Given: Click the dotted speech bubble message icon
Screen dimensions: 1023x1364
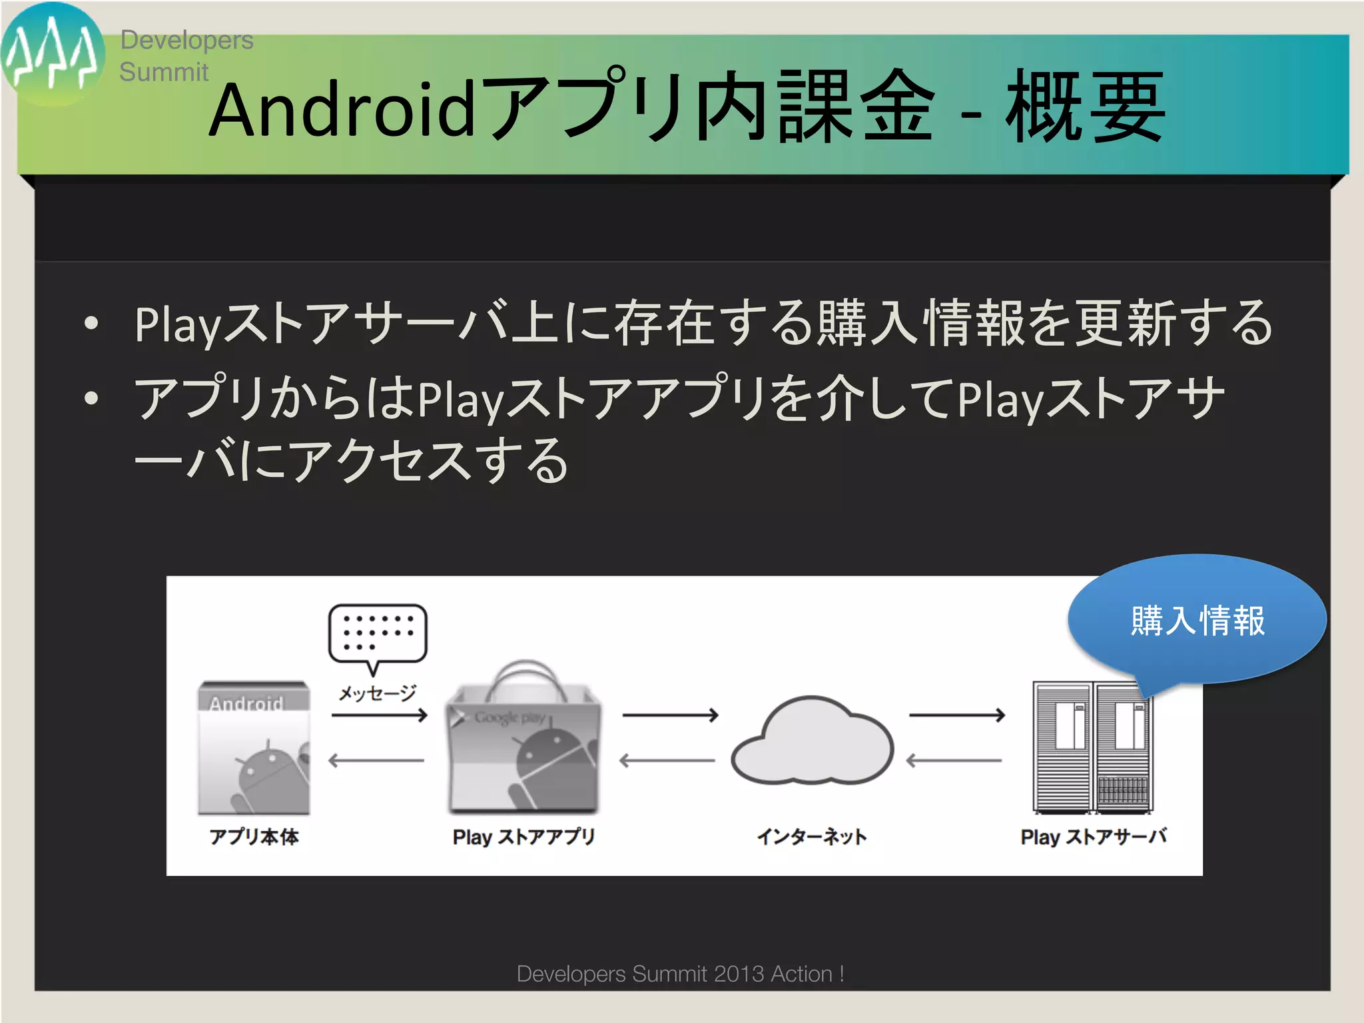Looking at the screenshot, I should click(x=377, y=634).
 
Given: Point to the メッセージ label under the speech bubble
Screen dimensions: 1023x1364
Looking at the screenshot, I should click(x=377, y=693).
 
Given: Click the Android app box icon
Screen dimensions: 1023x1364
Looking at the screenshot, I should click(x=254, y=747).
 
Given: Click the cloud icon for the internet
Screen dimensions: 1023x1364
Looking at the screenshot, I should click(x=812, y=741).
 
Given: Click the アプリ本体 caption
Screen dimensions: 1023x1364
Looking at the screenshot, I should click(x=254, y=837).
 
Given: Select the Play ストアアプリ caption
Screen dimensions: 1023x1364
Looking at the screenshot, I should click(x=523, y=837).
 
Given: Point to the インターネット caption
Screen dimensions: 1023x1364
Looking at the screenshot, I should click(x=812, y=837).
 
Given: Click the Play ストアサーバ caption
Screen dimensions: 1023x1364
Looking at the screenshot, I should click(x=1093, y=837).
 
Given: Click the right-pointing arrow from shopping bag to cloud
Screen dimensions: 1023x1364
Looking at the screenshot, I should click(x=670, y=715).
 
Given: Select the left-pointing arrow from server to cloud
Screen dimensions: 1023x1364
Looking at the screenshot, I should click(x=954, y=760).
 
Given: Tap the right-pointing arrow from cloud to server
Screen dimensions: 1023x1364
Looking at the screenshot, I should click(x=956, y=715).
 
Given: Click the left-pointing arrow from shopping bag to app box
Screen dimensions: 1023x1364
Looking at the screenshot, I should click(x=376, y=760).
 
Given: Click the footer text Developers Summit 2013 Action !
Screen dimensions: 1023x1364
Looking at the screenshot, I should click(x=680, y=974).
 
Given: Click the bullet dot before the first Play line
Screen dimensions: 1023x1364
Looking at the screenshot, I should click(x=92, y=324).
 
